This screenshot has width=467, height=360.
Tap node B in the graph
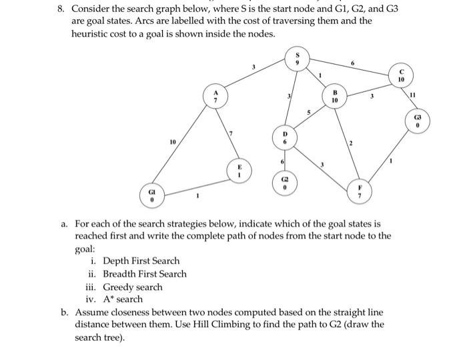(x=335, y=95)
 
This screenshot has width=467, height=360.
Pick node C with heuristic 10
(x=401, y=75)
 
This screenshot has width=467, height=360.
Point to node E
(x=236, y=170)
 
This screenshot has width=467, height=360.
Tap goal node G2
(x=286, y=183)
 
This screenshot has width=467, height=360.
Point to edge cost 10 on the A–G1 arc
(x=173, y=142)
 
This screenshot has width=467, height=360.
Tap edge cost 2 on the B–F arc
(x=350, y=145)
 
